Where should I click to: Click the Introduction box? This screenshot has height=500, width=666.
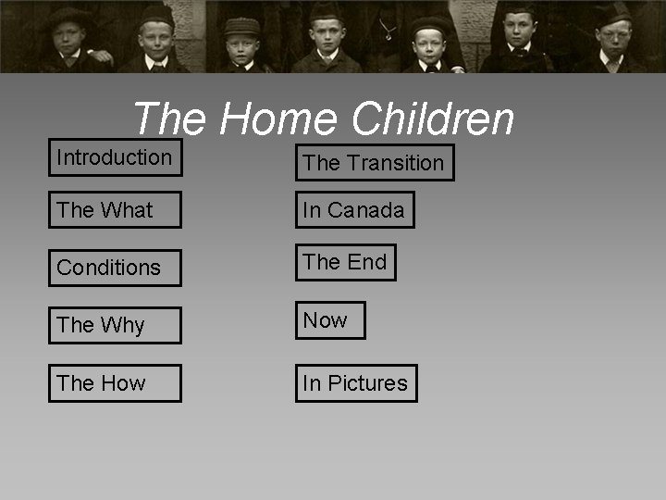click(115, 157)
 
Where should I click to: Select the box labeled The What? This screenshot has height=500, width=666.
click(115, 210)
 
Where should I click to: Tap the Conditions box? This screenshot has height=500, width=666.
click(115, 268)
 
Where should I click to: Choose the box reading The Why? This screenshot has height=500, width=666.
click(115, 325)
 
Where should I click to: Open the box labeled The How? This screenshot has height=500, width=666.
click(115, 382)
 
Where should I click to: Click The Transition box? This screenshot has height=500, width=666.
click(375, 163)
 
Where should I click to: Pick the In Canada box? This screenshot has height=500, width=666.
click(354, 210)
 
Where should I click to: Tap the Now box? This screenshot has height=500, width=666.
click(330, 320)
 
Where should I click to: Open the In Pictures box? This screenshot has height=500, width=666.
click(356, 382)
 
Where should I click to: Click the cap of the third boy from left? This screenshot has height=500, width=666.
click(242, 26)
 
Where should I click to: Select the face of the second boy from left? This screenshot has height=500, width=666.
click(155, 39)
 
